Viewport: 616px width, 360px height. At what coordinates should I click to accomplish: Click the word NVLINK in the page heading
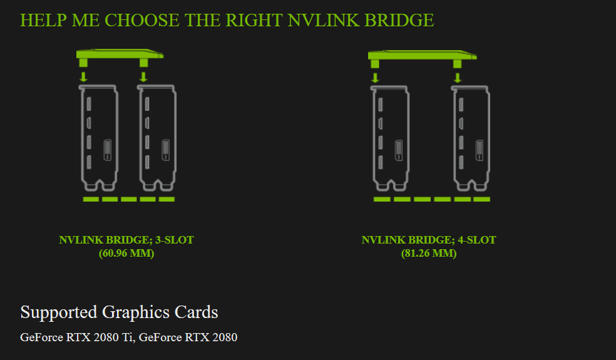(x=317, y=20)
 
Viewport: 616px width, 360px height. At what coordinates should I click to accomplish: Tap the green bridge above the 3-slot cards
(x=119, y=55)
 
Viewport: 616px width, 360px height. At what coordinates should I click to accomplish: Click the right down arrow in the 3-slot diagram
(x=143, y=76)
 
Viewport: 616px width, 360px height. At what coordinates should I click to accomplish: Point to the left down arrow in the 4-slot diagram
(x=375, y=77)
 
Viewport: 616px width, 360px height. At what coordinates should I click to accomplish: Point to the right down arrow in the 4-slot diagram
(x=458, y=77)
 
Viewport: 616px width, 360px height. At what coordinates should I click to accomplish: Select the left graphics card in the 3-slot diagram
(x=98, y=138)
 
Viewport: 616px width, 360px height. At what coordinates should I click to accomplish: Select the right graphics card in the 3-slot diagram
(x=157, y=138)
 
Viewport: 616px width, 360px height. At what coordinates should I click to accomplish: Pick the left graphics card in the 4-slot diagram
(x=391, y=138)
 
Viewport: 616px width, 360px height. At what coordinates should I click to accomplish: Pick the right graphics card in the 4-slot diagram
(x=471, y=138)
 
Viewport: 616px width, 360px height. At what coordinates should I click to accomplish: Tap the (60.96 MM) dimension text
(x=126, y=254)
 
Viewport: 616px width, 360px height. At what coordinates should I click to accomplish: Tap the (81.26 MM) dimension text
(x=429, y=254)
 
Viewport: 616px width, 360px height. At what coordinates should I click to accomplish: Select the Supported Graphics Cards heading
(x=119, y=312)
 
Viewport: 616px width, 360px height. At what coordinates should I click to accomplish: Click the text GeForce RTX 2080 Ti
(x=77, y=337)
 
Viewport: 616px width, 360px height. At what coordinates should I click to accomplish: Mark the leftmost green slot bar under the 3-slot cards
(x=91, y=199)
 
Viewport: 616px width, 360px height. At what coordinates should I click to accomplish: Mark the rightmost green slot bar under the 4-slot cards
(x=481, y=199)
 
